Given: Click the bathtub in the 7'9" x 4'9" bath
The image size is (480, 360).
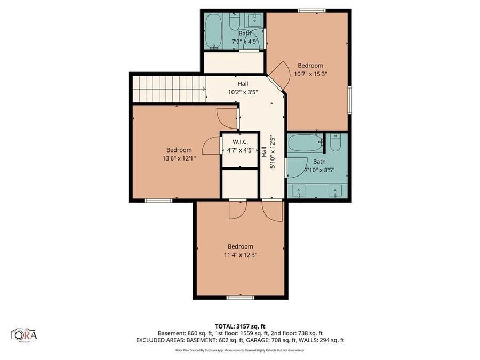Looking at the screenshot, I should (214, 30).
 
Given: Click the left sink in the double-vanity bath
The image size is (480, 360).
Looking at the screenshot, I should (299, 189).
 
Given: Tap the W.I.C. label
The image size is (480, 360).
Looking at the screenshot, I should (240, 142).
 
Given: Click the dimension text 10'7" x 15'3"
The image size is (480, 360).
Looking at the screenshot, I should (310, 74).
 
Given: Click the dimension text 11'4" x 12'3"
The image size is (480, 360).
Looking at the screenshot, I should (240, 255).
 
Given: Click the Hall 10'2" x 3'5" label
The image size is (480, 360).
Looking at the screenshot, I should (243, 87).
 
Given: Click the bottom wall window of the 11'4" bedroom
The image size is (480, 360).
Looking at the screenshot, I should (240, 297).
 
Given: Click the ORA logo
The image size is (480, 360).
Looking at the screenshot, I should (24, 334).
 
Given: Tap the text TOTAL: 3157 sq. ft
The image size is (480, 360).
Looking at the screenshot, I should (239, 325).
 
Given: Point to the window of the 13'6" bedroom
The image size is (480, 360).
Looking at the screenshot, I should (158, 201).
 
